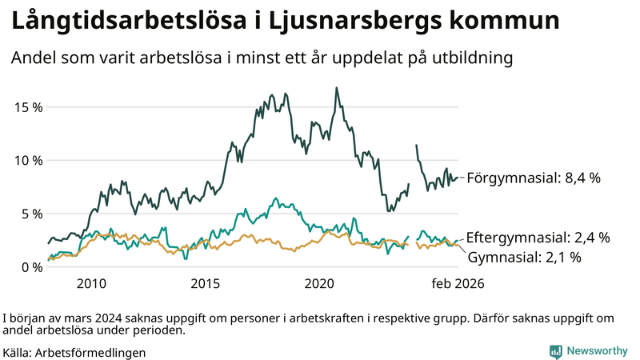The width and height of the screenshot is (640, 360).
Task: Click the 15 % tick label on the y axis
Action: (27, 106)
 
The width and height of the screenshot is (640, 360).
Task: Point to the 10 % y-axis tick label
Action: (27, 160)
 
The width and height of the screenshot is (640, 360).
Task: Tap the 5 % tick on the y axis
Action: (30, 214)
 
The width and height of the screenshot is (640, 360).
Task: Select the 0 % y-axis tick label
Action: (30, 266)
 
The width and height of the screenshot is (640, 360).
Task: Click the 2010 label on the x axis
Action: (91, 283)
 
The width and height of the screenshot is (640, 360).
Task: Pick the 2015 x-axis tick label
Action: (206, 283)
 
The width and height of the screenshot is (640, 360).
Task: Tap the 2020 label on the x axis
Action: (320, 283)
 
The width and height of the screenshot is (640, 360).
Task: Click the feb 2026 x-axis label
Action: (458, 283)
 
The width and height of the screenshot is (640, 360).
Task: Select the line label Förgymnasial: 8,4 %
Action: (534, 178)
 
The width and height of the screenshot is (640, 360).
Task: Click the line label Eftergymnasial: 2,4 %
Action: (538, 238)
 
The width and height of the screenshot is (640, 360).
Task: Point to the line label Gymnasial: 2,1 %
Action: (524, 257)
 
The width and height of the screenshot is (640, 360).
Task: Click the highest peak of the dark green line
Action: (336, 88)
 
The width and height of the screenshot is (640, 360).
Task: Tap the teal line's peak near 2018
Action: (275, 198)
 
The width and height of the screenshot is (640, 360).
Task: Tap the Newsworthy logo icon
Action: (555, 351)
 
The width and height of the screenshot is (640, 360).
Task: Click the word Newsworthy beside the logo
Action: (597, 351)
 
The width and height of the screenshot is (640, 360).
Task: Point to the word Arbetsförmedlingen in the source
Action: (94, 352)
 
